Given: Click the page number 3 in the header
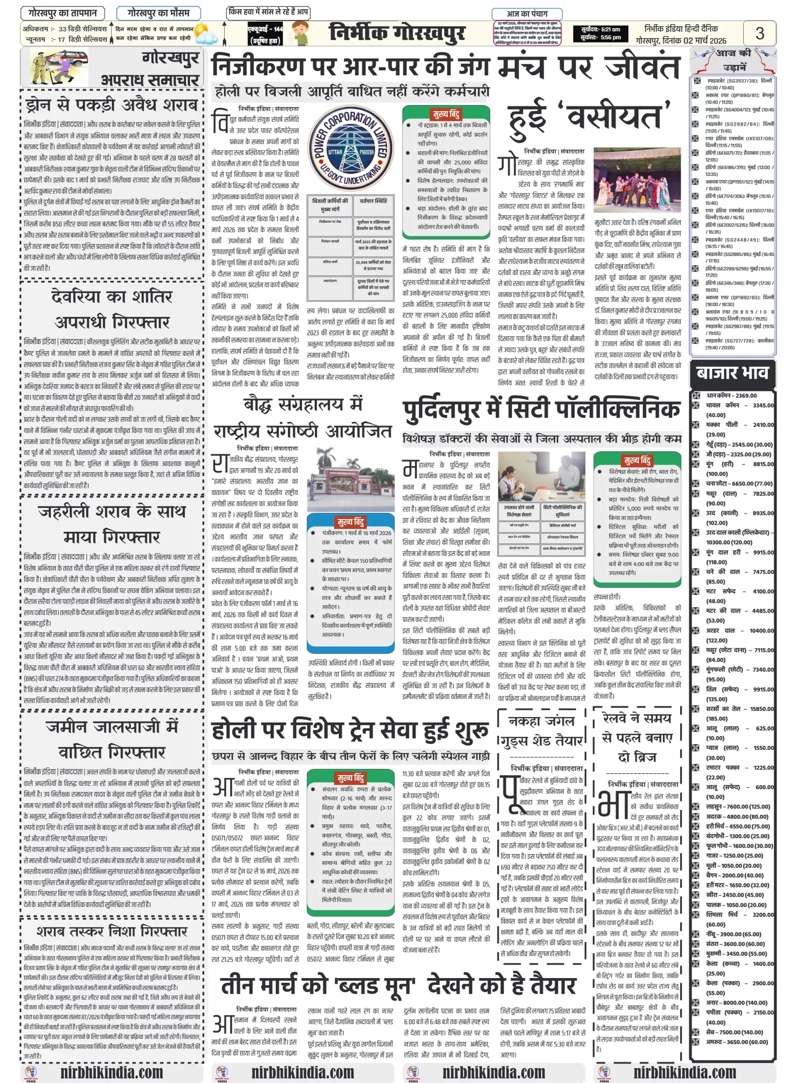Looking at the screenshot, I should tap(759, 33).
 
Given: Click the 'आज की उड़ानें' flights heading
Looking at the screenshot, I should tap(733, 59).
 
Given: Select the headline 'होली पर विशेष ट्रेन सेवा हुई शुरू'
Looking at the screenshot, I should tap(350, 730).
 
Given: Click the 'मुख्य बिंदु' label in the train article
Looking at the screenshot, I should tap(351, 778).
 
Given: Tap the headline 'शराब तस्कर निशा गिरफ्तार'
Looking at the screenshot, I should tap(112, 931).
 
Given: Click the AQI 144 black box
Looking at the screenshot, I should tap(265, 35).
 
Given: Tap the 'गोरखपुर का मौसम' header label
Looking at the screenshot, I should tap(158, 13).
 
